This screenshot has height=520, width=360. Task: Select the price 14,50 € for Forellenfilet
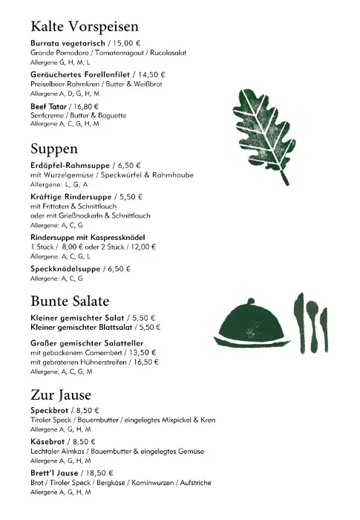(x=151, y=75)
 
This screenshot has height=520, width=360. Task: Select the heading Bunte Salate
(x=70, y=302)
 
